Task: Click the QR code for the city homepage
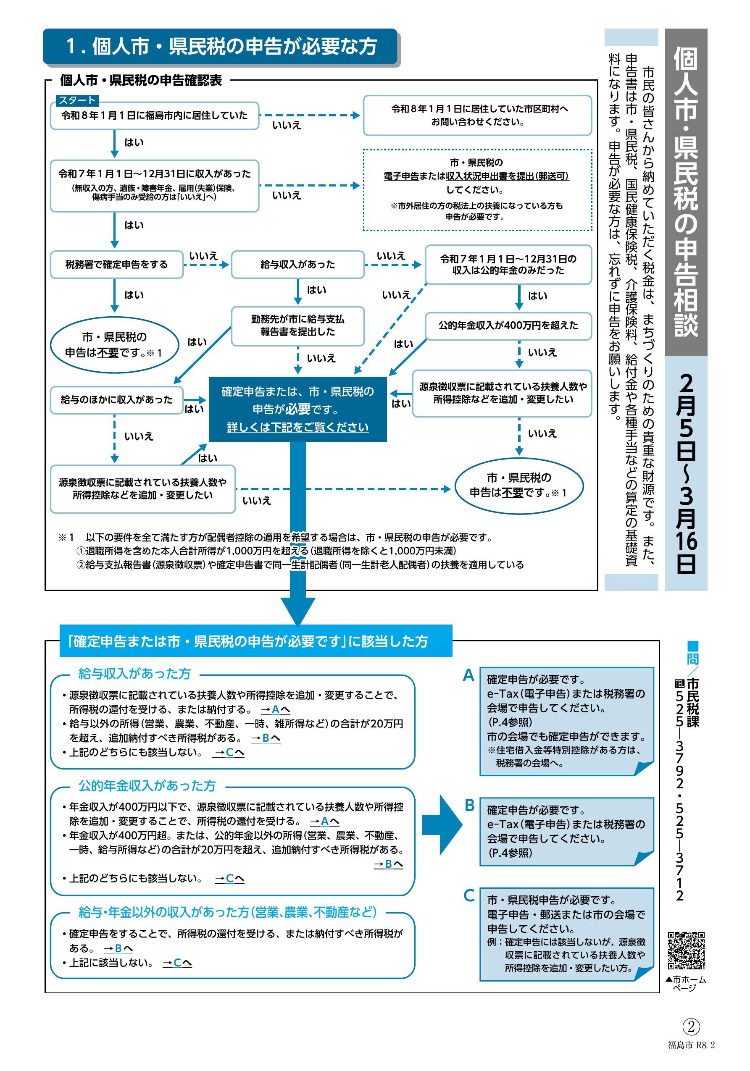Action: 685,950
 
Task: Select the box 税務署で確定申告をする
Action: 116,265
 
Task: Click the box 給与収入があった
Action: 297,265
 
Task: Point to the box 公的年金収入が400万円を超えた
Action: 508,325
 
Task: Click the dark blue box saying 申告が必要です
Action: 297,409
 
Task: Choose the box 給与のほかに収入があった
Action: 116,400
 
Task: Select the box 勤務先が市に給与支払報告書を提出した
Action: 297,325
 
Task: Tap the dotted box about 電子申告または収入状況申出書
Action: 477,189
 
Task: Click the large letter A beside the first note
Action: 468,675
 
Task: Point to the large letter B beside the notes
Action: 469,806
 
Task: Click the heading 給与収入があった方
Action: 134,674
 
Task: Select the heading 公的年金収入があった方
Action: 147,786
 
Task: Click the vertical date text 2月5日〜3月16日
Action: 686,473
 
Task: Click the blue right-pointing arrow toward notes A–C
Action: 441,825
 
